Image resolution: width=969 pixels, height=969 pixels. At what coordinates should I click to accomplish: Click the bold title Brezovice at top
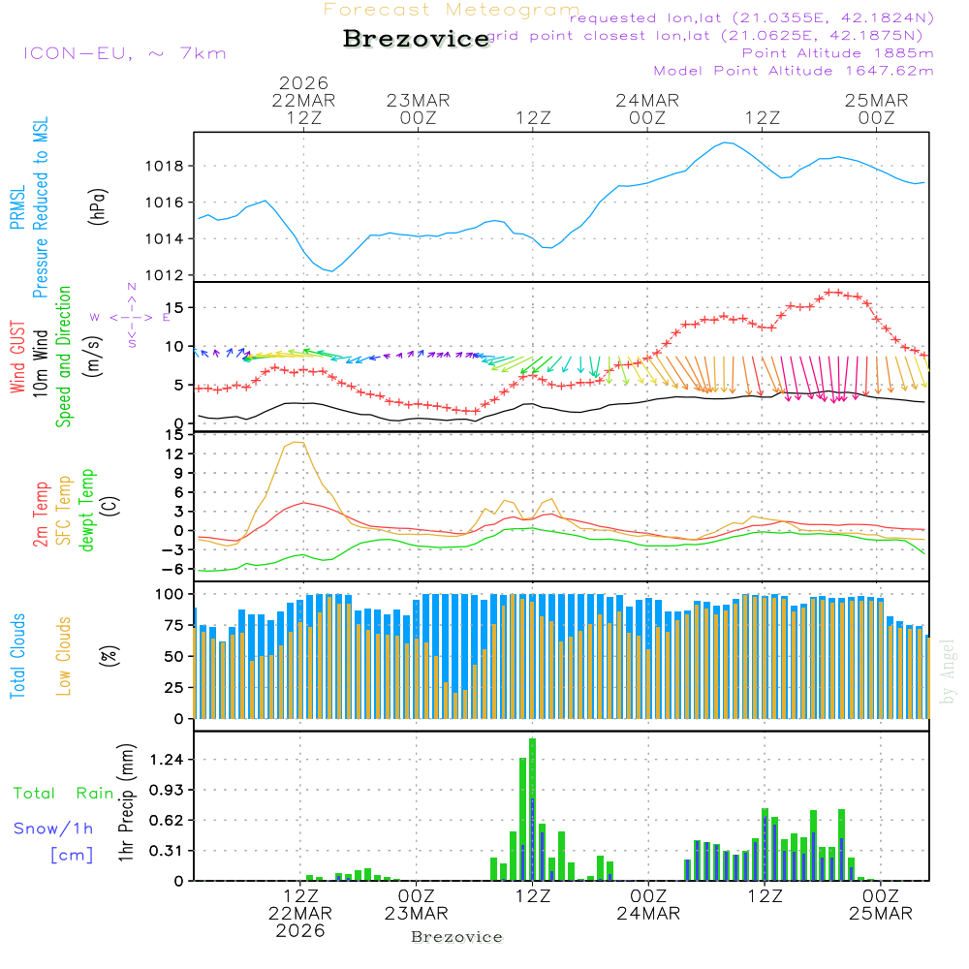[x=417, y=40]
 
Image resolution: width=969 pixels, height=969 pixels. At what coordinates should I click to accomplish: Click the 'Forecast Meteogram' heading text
[x=452, y=10]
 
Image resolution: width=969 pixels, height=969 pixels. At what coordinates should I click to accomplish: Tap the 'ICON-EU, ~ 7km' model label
[x=124, y=53]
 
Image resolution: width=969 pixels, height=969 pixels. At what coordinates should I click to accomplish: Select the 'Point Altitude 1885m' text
[x=837, y=52]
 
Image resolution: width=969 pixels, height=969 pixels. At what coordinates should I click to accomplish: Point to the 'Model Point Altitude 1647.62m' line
[x=793, y=71]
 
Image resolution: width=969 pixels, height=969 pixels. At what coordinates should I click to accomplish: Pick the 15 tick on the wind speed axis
[x=174, y=308]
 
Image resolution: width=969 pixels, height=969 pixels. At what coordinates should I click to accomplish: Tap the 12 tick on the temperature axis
[x=174, y=453]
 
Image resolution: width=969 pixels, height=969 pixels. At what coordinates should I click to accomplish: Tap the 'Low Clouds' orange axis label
[x=65, y=655]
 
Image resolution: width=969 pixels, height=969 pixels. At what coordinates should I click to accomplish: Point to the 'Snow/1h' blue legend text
[x=53, y=828]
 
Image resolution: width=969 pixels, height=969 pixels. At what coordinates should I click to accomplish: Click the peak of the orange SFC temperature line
[x=296, y=443]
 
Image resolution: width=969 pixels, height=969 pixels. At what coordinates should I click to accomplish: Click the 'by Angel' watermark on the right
[x=948, y=672]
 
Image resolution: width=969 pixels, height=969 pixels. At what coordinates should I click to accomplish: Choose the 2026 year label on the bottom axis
[x=300, y=930]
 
